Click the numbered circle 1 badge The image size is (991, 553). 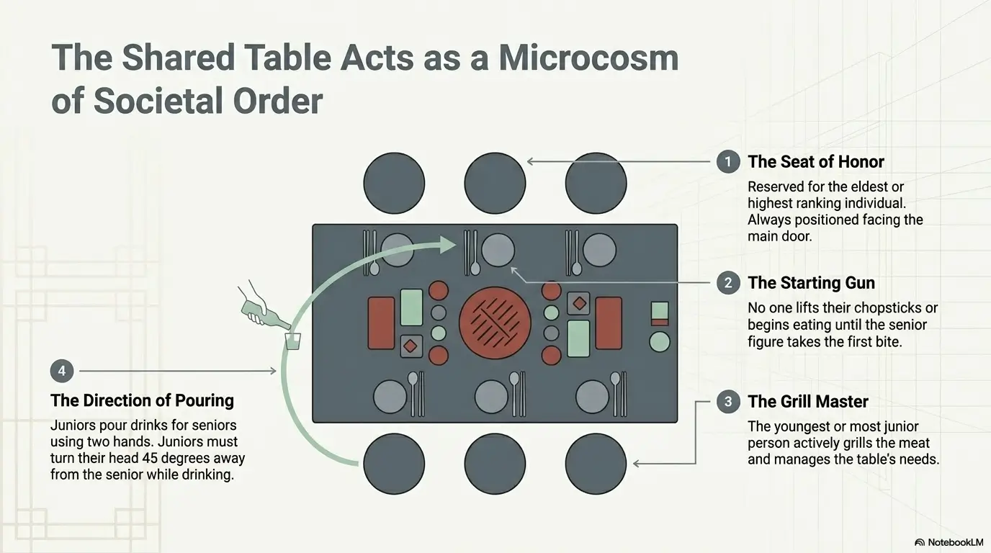pos(728,162)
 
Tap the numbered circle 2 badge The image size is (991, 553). pos(728,283)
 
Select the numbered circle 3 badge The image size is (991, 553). pos(728,402)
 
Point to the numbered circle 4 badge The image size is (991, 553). pos(61,371)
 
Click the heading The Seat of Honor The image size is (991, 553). pos(816,162)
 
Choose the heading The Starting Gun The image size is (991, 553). pos(812,283)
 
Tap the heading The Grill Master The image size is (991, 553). pos(808,402)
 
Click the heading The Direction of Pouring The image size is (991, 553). pos(142,400)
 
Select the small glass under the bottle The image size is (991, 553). pos(293,341)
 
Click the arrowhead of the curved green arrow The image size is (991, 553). pos(448,244)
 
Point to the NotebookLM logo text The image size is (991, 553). pos(956,542)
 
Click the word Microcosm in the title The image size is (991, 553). pos(588,58)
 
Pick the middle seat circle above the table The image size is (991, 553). pos(495,183)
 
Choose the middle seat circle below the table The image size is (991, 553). pos(495,464)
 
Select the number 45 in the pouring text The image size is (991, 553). pos(150,458)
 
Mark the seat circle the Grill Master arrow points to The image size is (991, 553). pos(596,464)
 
